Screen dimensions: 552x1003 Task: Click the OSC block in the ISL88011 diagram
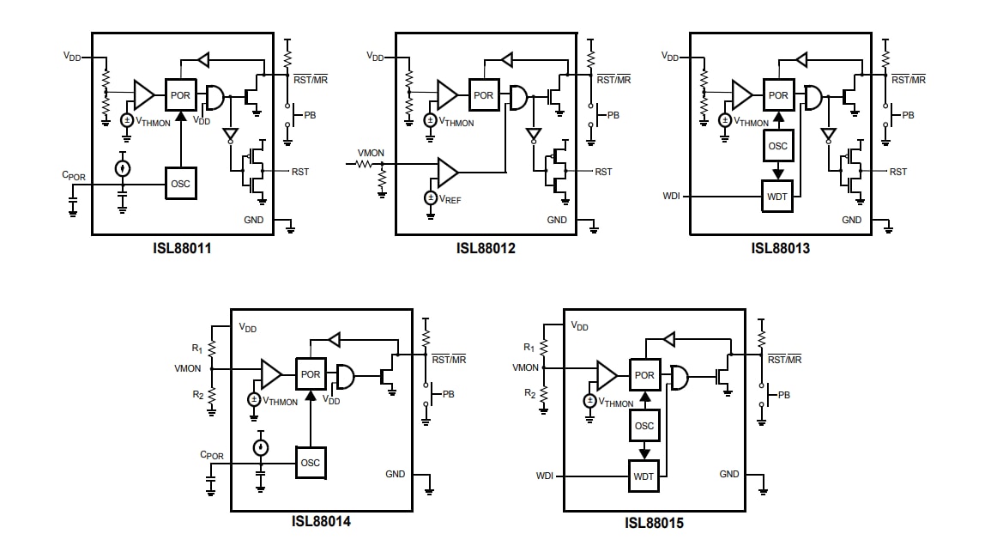(x=180, y=183)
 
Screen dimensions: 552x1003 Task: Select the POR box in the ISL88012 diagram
(x=484, y=94)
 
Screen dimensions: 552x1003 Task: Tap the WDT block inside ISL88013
(x=777, y=196)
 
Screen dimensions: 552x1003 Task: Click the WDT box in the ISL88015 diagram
(x=644, y=476)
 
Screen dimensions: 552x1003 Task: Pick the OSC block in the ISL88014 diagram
(x=311, y=463)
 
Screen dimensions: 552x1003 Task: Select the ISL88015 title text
(x=654, y=523)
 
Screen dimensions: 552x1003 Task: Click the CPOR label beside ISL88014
(x=211, y=455)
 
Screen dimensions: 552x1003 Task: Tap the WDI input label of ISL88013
(x=671, y=196)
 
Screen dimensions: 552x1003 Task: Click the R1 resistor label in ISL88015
(x=529, y=347)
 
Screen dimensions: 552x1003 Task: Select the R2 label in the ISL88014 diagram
(x=197, y=394)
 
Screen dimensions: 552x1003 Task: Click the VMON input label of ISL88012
(x=371, y=153)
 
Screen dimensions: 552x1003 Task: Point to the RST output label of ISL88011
(x=299, y=172)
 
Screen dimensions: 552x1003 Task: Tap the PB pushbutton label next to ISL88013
(x=908, y=115)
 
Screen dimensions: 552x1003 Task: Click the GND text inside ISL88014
(x=395, y=474)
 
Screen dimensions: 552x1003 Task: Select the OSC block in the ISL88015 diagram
(x=644, y=426)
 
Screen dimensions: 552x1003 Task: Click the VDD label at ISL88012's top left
(x=375, y=57)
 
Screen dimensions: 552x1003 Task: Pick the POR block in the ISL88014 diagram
(x=311, y=374)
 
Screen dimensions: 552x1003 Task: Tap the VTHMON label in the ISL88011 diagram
(x=153, y=123)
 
